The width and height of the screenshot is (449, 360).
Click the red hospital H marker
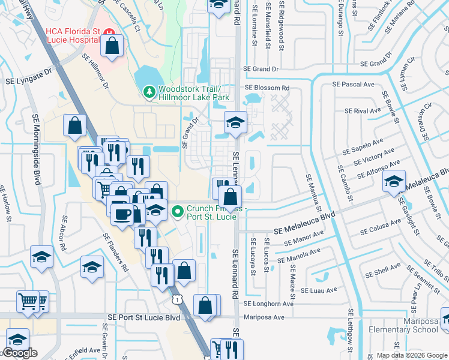[x=109, y=31]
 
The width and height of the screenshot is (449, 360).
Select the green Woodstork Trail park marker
[x=148, y=92]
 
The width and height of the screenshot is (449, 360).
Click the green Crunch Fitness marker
[x=177, y=211]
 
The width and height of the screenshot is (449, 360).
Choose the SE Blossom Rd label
[x=267, y=88]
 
